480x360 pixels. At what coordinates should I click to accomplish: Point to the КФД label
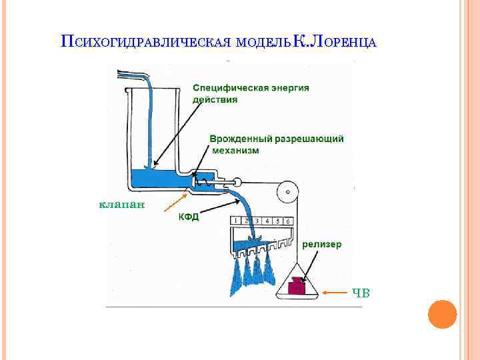[x=188, y=217]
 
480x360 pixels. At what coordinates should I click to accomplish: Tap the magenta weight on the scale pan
[x=295, y=287]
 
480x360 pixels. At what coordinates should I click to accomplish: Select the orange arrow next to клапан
[x=175, y=202]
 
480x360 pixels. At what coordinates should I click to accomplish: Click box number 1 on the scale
[x=236, y=221]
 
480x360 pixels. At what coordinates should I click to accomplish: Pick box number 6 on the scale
[x=287, y=221]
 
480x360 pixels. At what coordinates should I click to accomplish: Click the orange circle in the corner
[x=441, y=313]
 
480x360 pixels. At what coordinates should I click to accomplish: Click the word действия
[x=215, y=99]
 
